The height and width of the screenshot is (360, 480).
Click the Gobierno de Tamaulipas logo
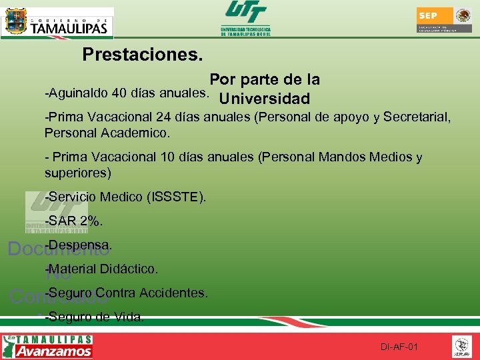(x=57, y=23)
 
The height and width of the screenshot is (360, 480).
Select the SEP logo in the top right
(x=444, y=20)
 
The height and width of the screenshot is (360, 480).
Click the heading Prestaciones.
(x=143, y=55)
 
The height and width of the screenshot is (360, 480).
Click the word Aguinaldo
(x=79, y=91)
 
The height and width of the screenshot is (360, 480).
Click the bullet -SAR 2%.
(x=73, y=221)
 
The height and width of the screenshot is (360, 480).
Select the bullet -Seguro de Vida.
(x=93, y=317)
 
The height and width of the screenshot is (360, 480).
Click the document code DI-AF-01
(x=399, y=347)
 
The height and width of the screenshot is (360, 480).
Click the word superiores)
(x=78, y=173)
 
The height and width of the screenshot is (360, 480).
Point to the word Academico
(x=136, y=133)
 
